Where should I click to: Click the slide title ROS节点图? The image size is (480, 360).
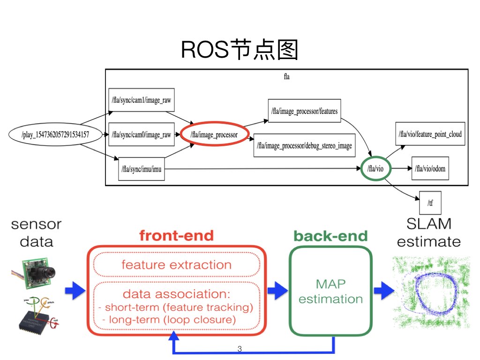(240, 50)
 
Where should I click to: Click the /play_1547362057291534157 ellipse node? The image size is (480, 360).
(55, 135)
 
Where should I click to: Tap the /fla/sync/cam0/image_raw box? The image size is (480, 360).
(141, 135)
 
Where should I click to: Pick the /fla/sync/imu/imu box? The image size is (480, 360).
(142, 169)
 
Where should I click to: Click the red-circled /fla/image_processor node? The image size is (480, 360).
(214, 135)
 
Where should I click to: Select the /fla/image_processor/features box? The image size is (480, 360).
(304, 111)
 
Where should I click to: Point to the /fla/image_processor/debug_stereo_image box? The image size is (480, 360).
(305, 146)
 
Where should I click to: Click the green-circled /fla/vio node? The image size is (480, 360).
(376, 169)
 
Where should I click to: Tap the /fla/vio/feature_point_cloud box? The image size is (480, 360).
(430, 135)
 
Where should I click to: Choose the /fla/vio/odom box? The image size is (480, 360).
(429, 169)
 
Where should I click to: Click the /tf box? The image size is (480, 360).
(430, 203)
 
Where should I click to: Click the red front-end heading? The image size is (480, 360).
(176, 236)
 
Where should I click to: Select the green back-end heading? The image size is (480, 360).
(330, 236)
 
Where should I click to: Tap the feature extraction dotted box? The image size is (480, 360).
(176, 265)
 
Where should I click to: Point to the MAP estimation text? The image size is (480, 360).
(330, 291)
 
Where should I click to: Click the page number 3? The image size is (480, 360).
(240, 349)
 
